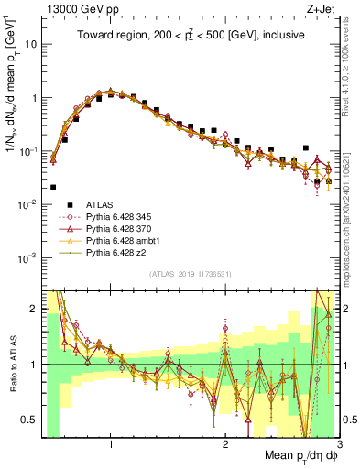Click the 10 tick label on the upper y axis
tap(29, 44)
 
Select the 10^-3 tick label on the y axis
tap(27, 256)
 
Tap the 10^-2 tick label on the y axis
tap(27, 203)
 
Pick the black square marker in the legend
tap(55, 205)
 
